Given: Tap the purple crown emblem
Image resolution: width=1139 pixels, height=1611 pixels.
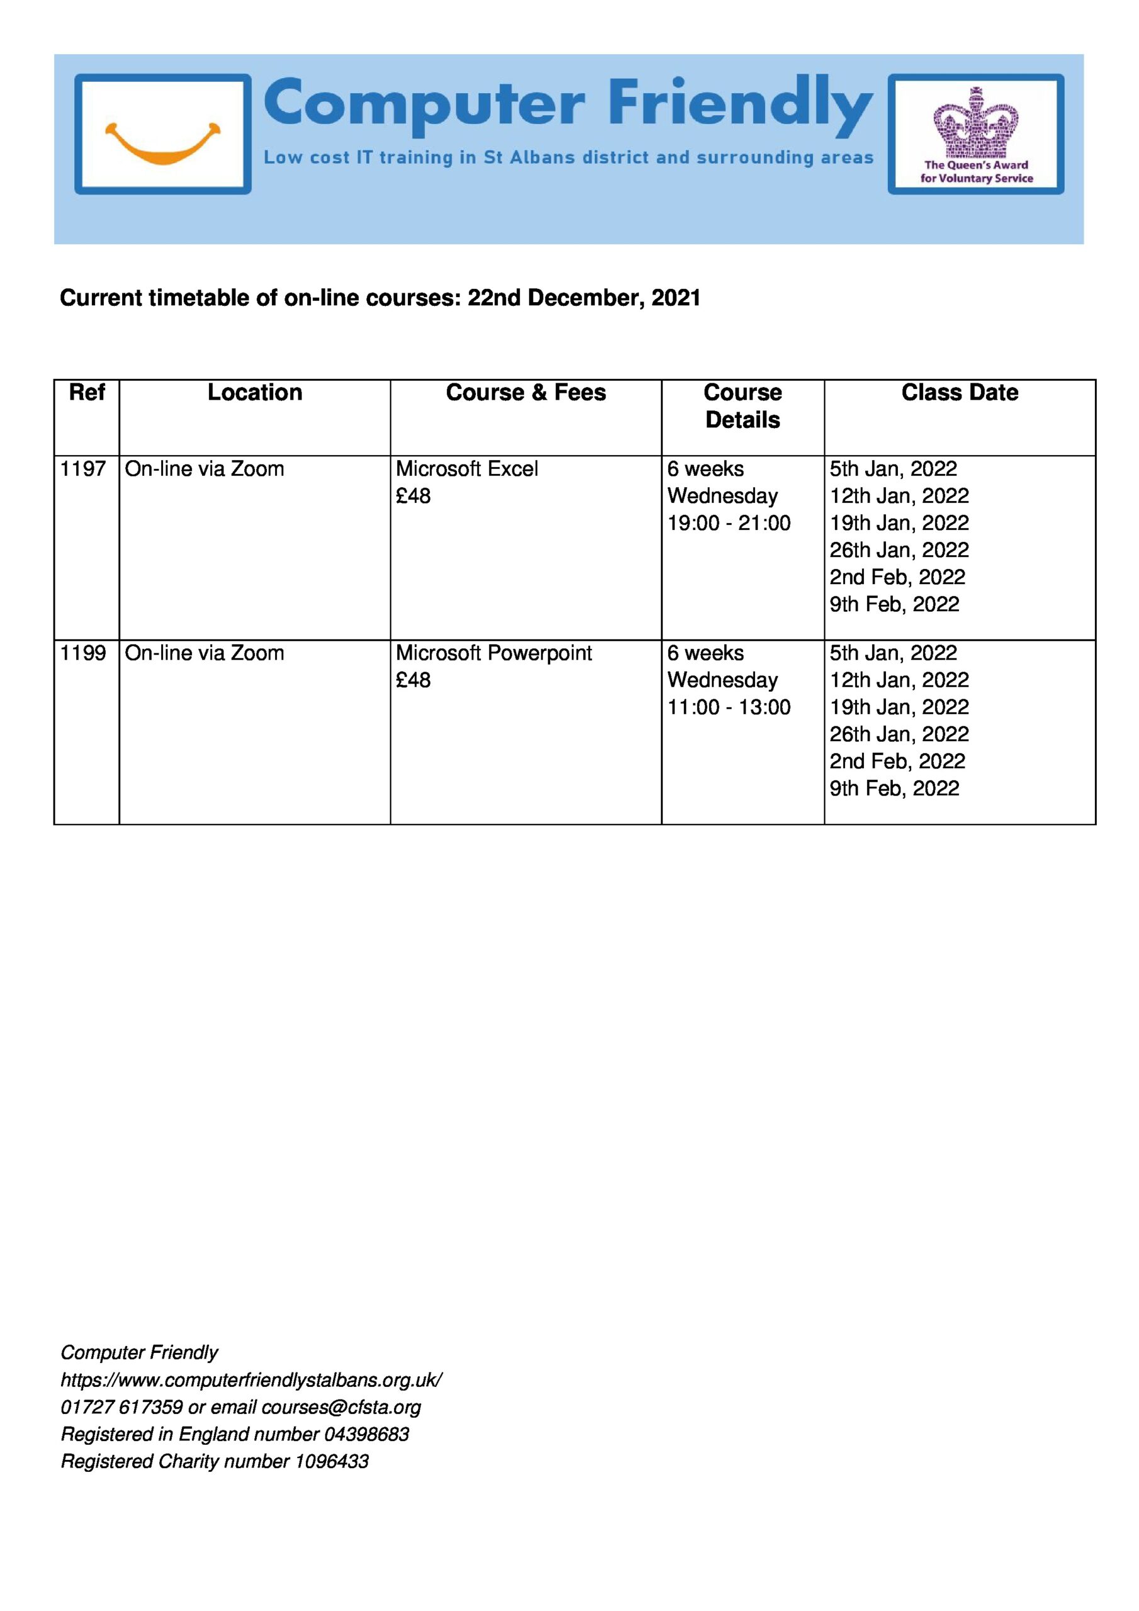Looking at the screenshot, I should click(x=975, y=123).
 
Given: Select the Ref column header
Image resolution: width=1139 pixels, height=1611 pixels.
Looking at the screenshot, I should click(x=86, y=392).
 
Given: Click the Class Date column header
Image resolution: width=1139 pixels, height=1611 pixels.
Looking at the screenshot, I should click(x=960, y=392).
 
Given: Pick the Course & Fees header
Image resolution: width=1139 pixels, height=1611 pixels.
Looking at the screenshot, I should click(x=525, y=392).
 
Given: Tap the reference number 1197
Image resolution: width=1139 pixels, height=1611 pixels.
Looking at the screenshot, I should click(x=83, y=469).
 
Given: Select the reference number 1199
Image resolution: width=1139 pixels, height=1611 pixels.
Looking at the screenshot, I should click(x=83, y=653).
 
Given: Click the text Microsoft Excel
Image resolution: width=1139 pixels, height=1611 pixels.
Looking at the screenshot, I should click(x=467, y=469).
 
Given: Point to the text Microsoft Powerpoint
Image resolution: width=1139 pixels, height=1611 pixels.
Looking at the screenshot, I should click(x=493, y=653).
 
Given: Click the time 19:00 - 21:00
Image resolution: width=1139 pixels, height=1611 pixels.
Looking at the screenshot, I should click(x=729, y=523).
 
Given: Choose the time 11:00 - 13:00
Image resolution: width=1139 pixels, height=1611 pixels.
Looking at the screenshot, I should click(x=729, y=707).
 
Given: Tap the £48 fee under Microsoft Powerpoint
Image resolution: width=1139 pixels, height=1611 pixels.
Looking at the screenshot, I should click(x=413, y=680).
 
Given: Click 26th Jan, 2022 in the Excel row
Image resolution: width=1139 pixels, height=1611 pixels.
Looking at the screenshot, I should click(x=899, y=550).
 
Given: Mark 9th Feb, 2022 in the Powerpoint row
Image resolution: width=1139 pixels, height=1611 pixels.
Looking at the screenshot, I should click(x=894, y=789).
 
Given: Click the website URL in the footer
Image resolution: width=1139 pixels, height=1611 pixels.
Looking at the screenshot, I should click(x=251, y=1380).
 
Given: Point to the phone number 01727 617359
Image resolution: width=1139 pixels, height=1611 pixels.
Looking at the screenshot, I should click(x=121, y=1408).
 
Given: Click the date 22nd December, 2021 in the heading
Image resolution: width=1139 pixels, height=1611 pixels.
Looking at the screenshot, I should click(x=584, y=298).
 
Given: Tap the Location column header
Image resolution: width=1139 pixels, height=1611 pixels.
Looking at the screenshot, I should click(x=255, y=392).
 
